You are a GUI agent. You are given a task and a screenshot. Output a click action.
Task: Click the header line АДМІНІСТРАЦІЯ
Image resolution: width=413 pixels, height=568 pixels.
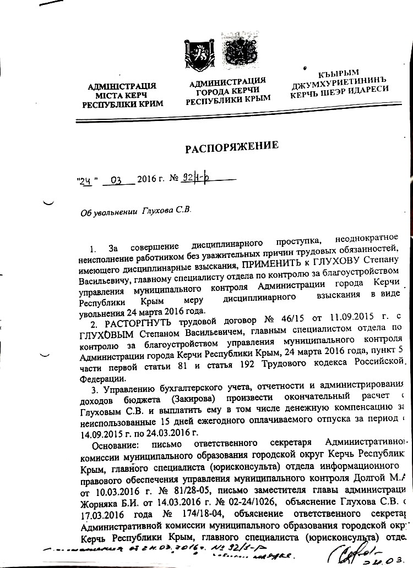(122, 86)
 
